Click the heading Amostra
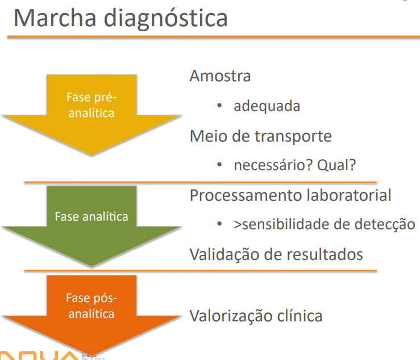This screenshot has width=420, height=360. tap(220, 76)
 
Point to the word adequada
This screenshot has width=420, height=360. tap(267, 106)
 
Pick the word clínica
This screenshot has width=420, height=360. tap(301, 316)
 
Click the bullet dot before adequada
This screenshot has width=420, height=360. tap(219, 106)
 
